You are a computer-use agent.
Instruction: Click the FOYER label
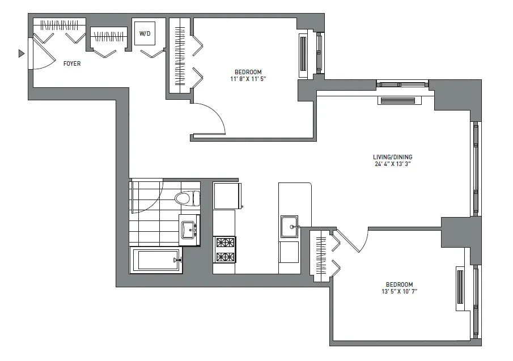pos(71,64)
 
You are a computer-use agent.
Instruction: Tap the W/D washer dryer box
pos(146,35)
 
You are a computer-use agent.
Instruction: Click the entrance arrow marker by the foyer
pos(22,53)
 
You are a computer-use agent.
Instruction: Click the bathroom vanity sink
pos(188,230)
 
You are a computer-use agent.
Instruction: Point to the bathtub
pos(155,260)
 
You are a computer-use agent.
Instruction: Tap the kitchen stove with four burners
pos(224,250)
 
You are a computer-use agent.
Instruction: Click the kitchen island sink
pos(289,227)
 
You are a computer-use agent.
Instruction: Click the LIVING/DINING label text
pos(392,157)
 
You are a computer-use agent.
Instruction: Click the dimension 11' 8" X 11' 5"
pos(248,80)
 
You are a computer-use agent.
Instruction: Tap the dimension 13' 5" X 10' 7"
pos(399,292)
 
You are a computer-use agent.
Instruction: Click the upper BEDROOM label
pos(248,72)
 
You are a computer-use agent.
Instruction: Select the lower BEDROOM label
pos(399,284)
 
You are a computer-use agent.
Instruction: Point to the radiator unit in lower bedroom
pos(460,288)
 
